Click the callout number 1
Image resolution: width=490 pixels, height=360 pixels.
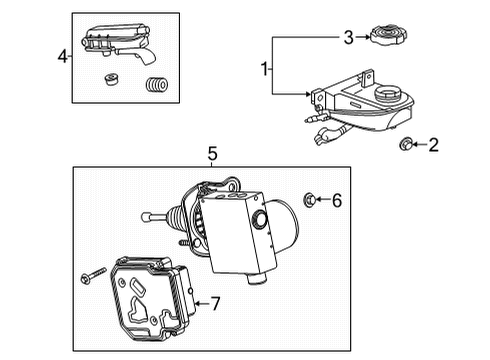coord(265,69)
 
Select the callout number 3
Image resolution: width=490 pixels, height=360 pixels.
coord(348,38)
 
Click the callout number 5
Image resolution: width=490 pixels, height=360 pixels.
coord(212,153)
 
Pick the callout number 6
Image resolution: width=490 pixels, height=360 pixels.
coord(336,202)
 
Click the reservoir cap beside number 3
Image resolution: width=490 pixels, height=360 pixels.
coord(387,37)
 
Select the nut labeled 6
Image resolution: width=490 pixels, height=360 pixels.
coord(310,202)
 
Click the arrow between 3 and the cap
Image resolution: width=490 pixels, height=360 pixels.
coord(362,38)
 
